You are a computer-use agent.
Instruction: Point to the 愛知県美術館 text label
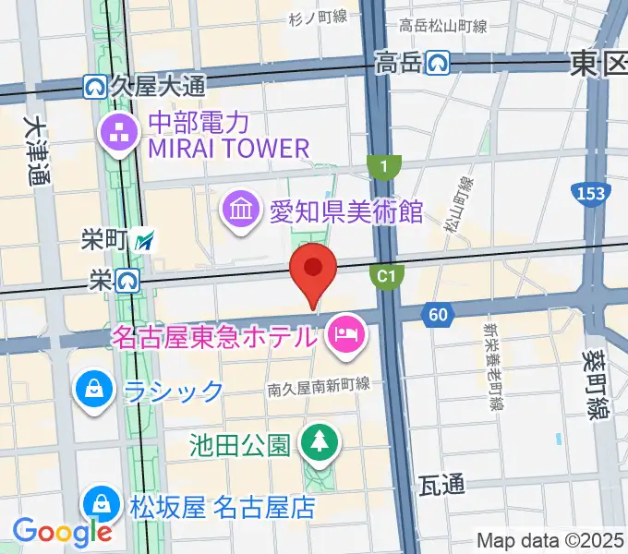point(345,212)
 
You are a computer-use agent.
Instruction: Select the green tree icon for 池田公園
point(320,444)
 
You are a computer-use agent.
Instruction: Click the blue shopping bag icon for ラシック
point(95,389)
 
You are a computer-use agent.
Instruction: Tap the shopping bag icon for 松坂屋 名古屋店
point(98,506)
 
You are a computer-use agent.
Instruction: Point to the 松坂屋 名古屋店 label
point(222,507)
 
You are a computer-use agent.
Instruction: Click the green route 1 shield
point(383,166)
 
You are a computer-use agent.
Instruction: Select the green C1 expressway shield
point(387,275)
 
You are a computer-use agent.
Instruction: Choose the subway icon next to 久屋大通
point(94,86)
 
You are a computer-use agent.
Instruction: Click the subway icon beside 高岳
point(438,63)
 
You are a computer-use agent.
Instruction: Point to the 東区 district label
point(598,63)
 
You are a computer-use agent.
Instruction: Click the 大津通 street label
point(36,151)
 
